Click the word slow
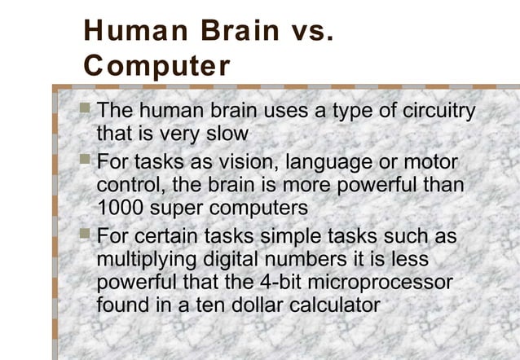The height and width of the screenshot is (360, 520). tap(224, 132)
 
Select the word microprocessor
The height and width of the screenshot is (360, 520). tap(388, 283)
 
